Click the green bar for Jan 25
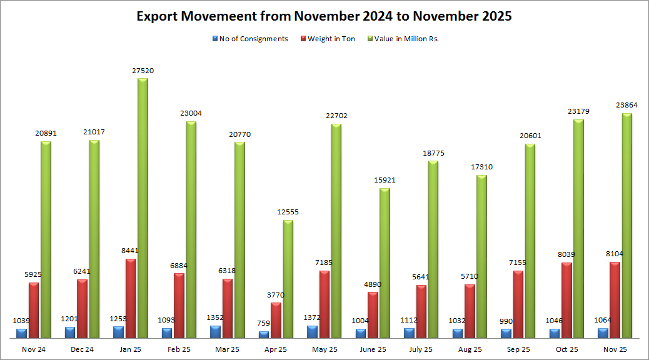pyautogui.click(x=143, y=208)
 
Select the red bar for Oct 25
pyautogui.click(x=566, y=301)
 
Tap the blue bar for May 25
pyautogui.click(x=313, y=332)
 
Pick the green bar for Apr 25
pyautogui.click(x=288, y=279)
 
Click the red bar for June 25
pyautogui.click(x=373, y=315)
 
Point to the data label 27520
pyautogui.click(x=143, y=71)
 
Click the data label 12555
pyautogui.click(x=288, y=212)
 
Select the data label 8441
pyautogui.click(x=130, y=251)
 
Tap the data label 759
pyautogui.click(x=264, y=324)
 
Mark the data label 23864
pyautogui.click(x=626, y=106)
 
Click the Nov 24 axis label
pyautogui.click(x=33, y=349)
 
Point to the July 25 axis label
pyautogui.click(x=421, y=349)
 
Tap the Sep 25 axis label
pyautogui.click(x=518, y=349)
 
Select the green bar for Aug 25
pyautogui.click(x=482, y=256)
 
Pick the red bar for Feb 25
pyautogui.click(x=179, y=306)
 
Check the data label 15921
pyautogui.click(x=385, y=181)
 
